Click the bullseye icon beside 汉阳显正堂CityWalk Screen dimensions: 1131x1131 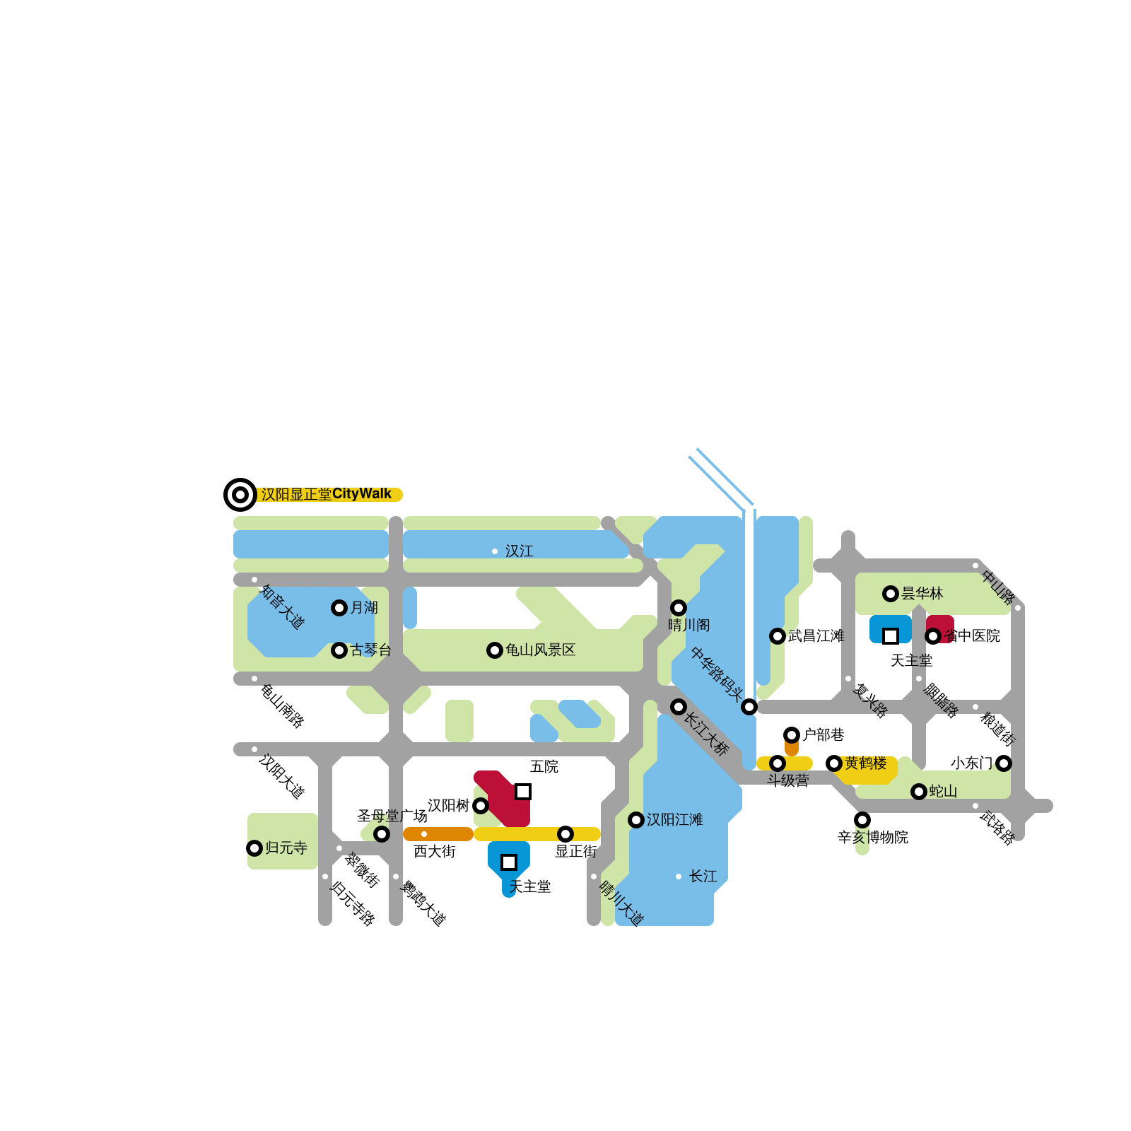click(x=240, y=494)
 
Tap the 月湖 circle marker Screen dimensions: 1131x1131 click(x=339, y=608)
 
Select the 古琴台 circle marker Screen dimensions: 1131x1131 click(x=339, y=650)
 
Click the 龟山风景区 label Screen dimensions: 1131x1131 click(x=541, y=650)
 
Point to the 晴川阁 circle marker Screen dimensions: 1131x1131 click(x=679, y=608)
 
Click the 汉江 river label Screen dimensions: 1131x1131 click(x=520, y=551)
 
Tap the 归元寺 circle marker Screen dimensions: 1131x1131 click(x=254, y=848)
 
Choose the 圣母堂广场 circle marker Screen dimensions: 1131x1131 click(x=382, y=834)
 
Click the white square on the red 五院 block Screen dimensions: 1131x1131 click(x=523, y=792)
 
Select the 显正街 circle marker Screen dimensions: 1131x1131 click(x=565, y=834)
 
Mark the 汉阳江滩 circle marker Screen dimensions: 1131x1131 click(x=636, y=820)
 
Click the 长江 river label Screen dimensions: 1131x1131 click(x=703, y=877)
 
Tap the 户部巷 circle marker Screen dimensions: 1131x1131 click(x=792, y=735)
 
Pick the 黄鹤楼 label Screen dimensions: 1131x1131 click(x=866, y=763)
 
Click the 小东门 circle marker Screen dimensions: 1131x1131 click(x=1004, y=763)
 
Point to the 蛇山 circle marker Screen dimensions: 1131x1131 click(x=919, y=792)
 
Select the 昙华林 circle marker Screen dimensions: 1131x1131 click(x=891, y=594)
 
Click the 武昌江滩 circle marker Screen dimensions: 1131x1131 click(x=778, y=636)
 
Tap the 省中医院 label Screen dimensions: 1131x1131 click(x=973, y=636)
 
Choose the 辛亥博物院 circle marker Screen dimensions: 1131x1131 click(x=862, y=820)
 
